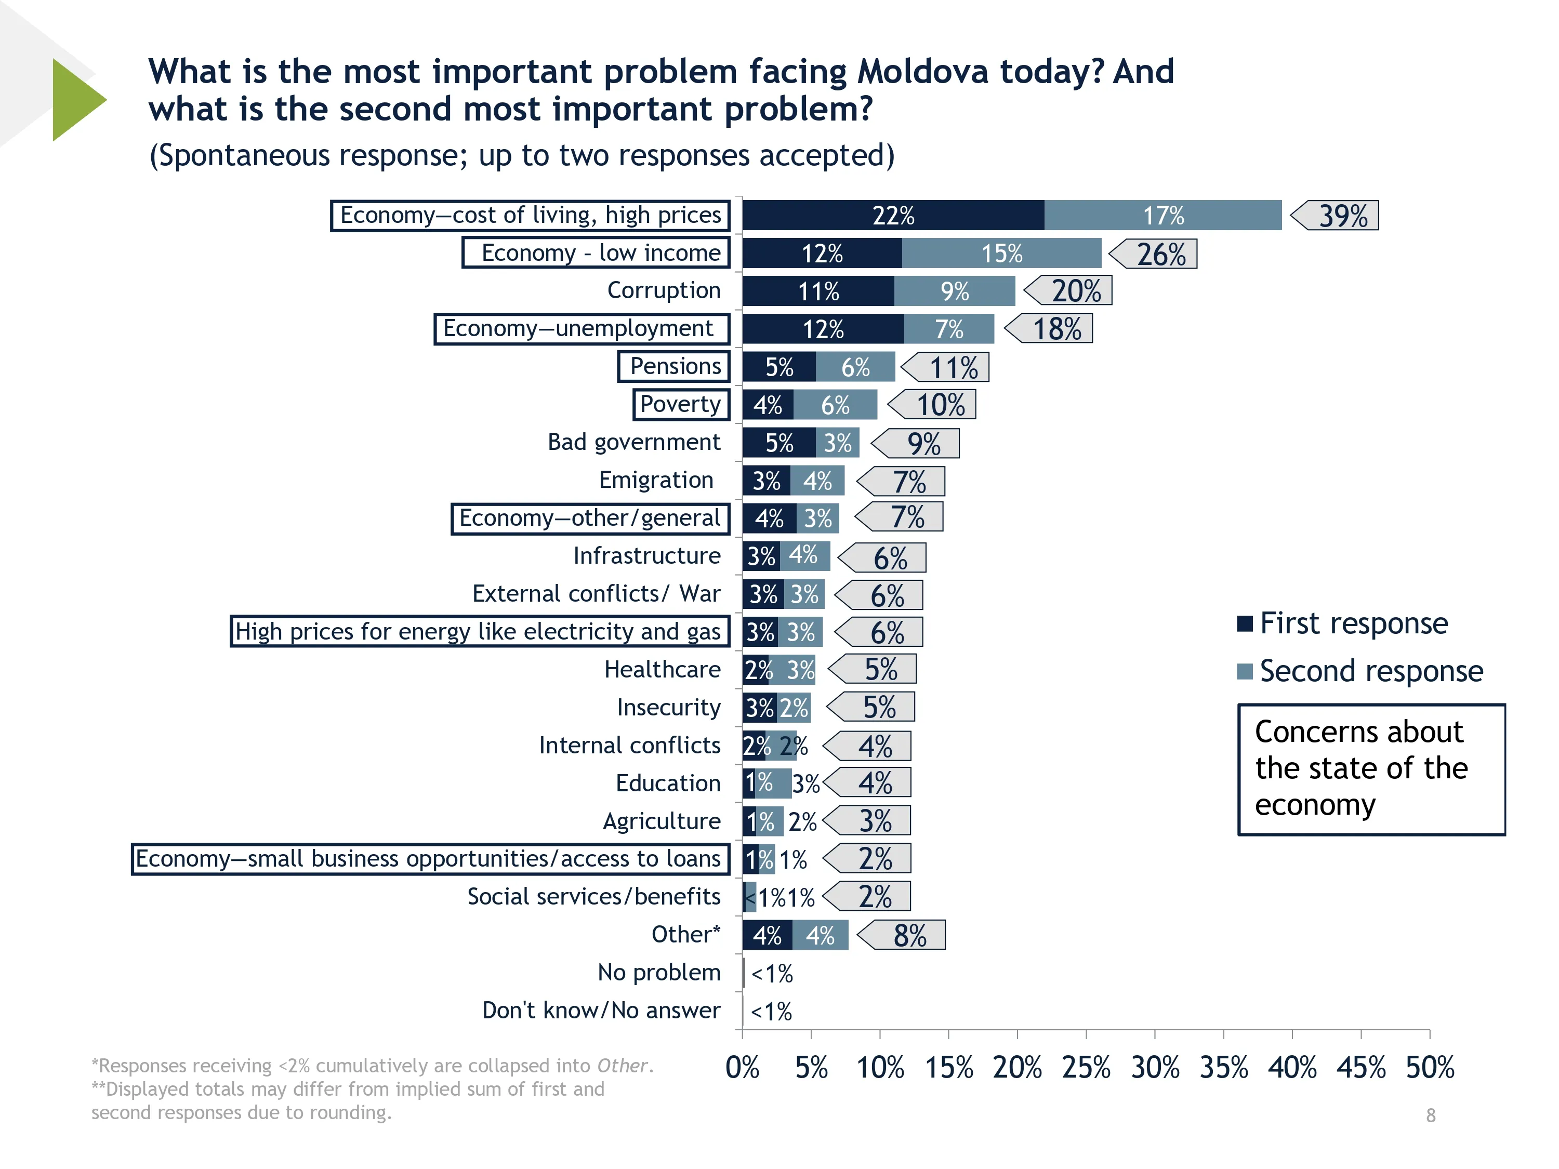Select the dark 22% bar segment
click(892, 216)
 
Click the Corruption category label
click(663, 290)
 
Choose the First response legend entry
click(1343, 623)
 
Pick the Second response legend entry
click(1360, 671)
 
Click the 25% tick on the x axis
click(1086, 1068)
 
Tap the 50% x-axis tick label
click(1429, 1068)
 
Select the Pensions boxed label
click(674, 366)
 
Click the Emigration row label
click(655, 480)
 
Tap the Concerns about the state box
click(1371, 769)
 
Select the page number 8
click(1430, 1115)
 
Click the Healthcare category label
click(662, 669)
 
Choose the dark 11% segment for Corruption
click(818, 291)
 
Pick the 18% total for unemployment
click(1051, 329)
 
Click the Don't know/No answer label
click(601, 1011)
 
